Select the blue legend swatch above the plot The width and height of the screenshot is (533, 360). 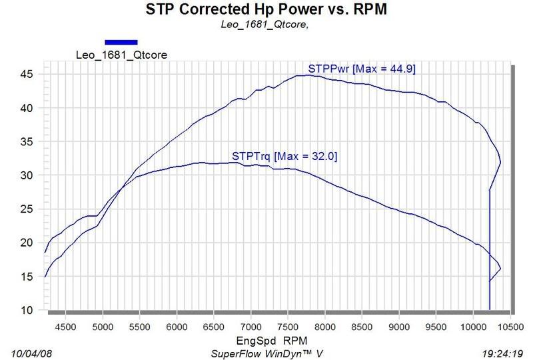(121, 41)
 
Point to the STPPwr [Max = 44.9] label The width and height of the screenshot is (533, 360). (362, 69)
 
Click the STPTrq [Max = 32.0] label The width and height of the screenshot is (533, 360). (285, 157)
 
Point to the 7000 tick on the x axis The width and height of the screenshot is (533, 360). (251, 328)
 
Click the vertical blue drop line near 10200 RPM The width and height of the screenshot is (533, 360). (490, 267)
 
